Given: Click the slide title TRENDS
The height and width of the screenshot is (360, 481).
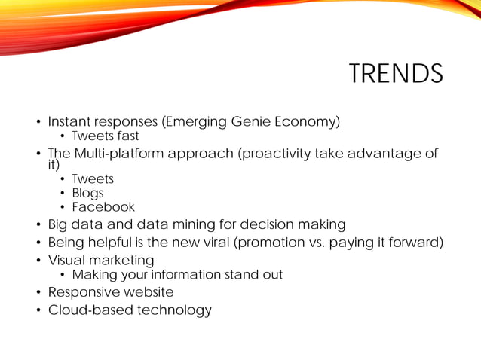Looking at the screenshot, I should (x=395, y=74).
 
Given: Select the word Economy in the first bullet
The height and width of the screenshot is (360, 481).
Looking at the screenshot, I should (x=309, y=121).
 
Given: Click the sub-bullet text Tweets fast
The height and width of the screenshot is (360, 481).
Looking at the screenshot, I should (x=106, y=136).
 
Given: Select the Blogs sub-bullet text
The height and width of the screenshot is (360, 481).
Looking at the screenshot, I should (x=87, y=193).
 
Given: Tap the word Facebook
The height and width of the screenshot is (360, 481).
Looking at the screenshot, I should (x=103, y=207).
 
